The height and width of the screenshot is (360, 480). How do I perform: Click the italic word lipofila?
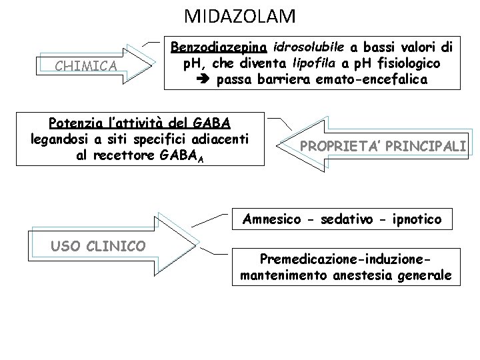(x=321, y=63)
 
